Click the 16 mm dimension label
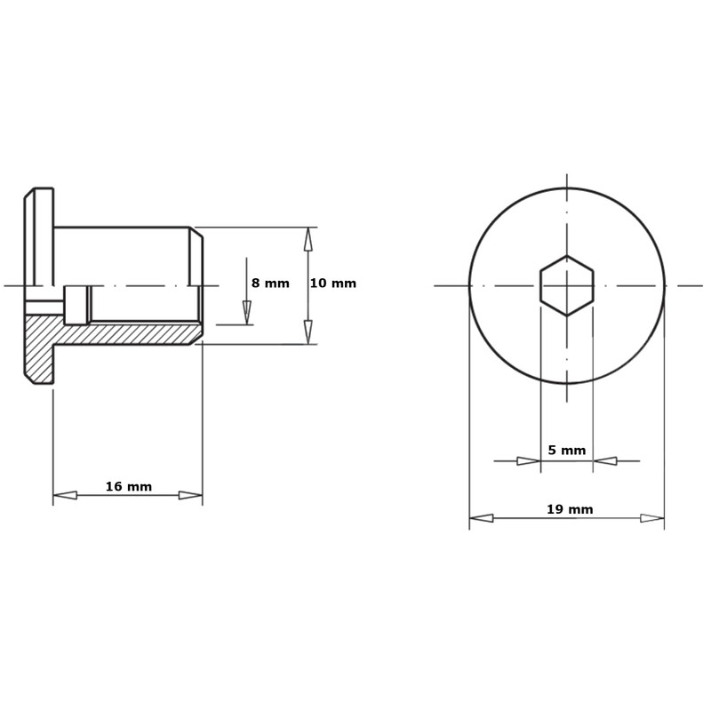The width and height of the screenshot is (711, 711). click(129, 486)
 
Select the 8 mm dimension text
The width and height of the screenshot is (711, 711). click(270, 284)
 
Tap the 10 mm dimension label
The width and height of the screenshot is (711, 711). click(333, 284)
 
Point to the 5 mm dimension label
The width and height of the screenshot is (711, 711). click(567, 451)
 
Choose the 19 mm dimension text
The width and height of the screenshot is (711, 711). click(570, 509)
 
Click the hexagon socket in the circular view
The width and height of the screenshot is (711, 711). click(566, 285)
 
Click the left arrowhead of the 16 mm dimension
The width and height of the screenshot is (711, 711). click(65, 495)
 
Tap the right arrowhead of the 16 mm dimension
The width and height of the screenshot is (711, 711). click(190, 495)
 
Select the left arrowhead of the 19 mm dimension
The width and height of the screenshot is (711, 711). click(481, 518)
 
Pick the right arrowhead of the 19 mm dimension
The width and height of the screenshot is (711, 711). click(652, 518)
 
